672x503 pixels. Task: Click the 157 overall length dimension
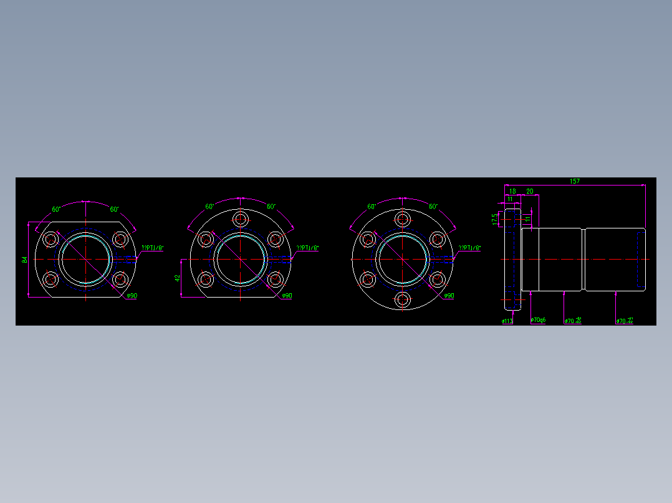(x=574, y=181)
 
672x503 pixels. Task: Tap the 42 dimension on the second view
(x=177, y=278)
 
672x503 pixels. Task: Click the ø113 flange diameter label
(x=507, y=321)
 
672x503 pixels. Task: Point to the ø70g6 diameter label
(x=538, y=321)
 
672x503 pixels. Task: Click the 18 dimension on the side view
(x=512, y=191)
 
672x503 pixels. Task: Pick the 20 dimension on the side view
(x=530, y=191)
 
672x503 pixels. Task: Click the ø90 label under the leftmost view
(x=131, y=296)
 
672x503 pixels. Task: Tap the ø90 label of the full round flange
(x=448, y=296)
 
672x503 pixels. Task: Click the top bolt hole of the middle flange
(x=241, y=219)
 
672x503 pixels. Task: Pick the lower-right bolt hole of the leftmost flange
(x=120, y=280)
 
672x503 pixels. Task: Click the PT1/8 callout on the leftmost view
(x=152, y=248)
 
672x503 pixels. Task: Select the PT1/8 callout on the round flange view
(x=469, y=248)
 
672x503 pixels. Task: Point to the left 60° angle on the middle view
(x=209, y=206)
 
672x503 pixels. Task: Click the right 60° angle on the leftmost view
(x=114, y=209)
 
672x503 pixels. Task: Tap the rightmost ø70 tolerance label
(x=625, y=321)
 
